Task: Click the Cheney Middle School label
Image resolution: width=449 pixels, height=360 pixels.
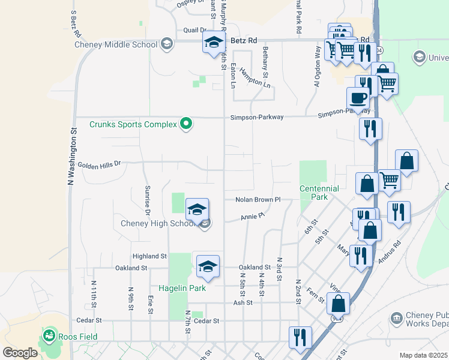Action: point(116,44)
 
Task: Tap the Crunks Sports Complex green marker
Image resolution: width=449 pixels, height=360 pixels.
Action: point(186,124)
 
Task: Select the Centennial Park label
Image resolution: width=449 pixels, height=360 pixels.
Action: point(319,193)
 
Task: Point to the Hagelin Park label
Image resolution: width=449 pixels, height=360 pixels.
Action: point(182,288)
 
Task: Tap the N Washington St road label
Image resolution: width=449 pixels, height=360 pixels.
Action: point(73,155)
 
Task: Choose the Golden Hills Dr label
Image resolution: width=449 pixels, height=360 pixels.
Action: point(99,164)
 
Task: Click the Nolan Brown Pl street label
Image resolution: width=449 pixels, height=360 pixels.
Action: point(258,199)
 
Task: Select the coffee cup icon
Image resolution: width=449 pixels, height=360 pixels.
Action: point(358,98)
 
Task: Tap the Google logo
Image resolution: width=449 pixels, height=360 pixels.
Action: point(20,353)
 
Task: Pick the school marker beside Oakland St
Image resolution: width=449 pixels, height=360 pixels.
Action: point(207,266)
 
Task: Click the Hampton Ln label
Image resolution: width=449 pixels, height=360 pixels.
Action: point(252,76)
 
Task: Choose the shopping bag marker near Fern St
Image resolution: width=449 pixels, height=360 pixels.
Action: point(338,304)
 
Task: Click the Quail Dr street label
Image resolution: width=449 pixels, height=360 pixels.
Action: point(194,29)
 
